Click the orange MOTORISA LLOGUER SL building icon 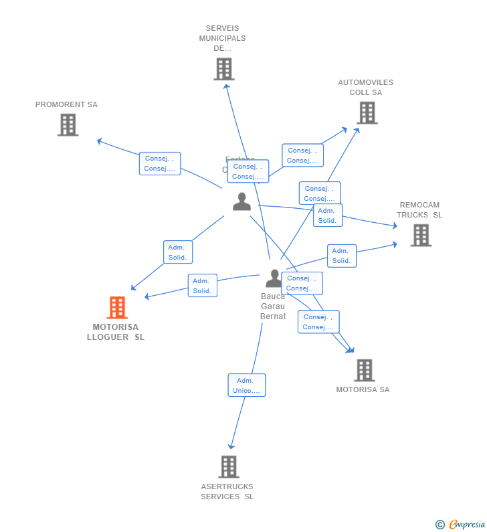click(117, 308)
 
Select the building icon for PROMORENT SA click(68, 124)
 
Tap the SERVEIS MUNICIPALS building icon click(223, 69)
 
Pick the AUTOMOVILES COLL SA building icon click(367, 112)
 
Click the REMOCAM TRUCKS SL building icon click(421, 235)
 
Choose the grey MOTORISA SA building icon click(364, 370)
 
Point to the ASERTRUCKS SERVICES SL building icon click(228, 466)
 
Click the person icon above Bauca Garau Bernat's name click(274, 278)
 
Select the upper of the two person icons click(241, 201)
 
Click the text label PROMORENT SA click(66, 104)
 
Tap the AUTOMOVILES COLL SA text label click(365, 88)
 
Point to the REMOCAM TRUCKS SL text click(419, 210)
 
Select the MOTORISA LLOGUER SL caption click(116, 332)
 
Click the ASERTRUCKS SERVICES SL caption click(227, 492)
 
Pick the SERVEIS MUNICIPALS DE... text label click(222, 38)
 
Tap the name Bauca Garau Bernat click(273, 306)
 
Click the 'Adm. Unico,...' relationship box click(246, 385)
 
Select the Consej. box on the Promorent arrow click(160, 163)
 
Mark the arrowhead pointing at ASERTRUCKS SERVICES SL click(231, 446)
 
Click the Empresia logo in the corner click(461, 525)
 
